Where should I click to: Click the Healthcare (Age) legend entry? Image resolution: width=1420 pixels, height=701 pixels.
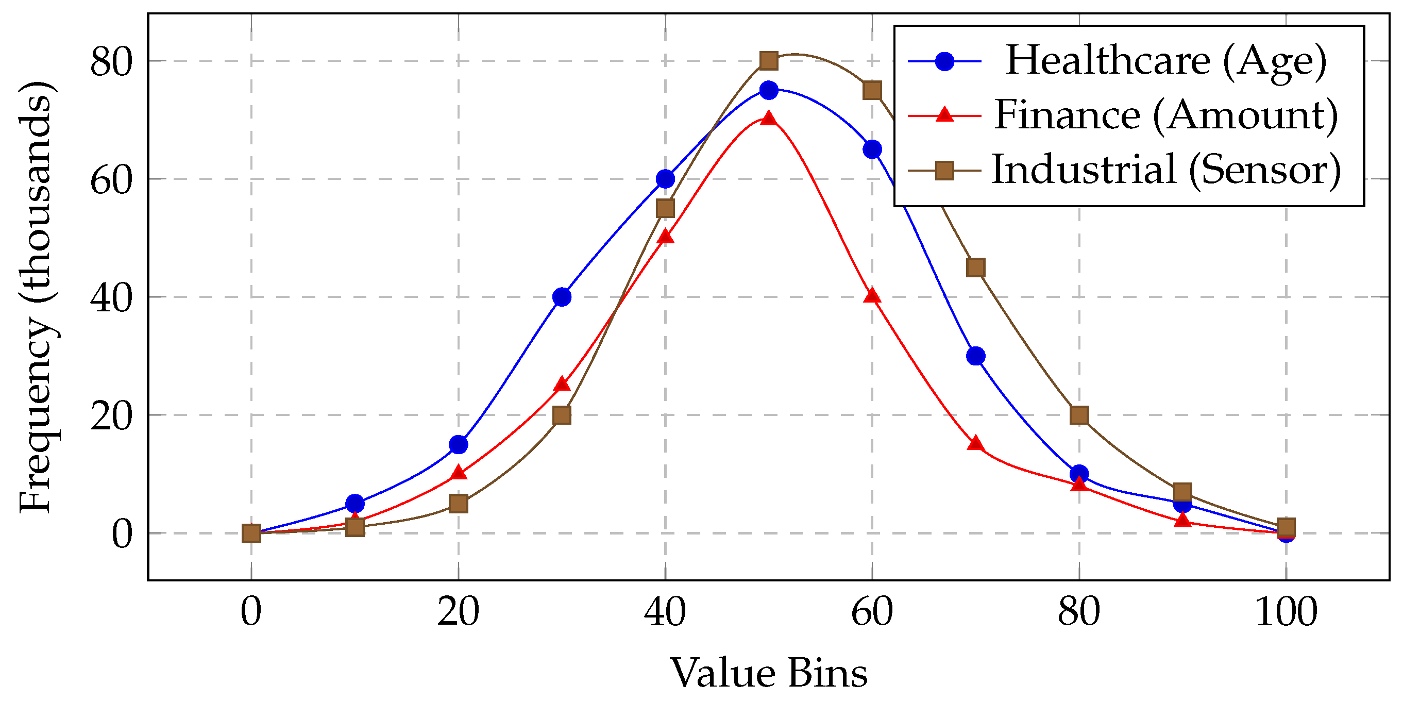[x=1165, y=61]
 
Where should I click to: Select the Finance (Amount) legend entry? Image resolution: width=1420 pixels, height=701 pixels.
[x=1165, y=115]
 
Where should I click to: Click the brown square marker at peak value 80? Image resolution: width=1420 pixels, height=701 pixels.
[x=768, y=61]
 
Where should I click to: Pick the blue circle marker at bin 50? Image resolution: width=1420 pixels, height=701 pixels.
[x=768, y=90]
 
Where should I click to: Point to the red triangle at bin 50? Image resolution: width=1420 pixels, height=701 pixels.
[x=768, y=119]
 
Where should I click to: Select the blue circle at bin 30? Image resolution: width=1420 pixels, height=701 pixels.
[x=562, y=297]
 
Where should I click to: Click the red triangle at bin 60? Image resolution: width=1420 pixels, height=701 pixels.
[x=872, y=296]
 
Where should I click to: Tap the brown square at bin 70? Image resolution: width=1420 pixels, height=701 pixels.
[x=976, y=268]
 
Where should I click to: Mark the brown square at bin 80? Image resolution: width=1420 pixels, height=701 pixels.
[x=1079, y=415]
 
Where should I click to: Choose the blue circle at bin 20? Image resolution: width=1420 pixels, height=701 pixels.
[x=458, y=444]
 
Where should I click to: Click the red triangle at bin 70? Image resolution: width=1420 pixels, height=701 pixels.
[x=976, y=444]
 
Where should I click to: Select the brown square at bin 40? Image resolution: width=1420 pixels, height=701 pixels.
[x=665, y=208]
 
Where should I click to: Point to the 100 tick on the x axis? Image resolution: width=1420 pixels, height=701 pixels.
[x=1286, y=612]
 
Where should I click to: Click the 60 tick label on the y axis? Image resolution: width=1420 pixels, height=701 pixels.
[x=111, y=180]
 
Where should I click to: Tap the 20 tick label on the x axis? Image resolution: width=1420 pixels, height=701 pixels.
[x=458, y=612]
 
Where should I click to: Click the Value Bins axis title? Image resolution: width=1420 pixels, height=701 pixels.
[x=768, y=673]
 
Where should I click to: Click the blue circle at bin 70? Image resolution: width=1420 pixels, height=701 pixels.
[x=976, y=356]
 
